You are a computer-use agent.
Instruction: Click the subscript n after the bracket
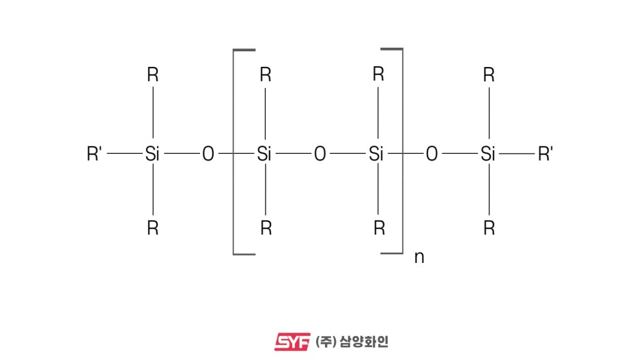pyautogui.click(x=419, y=258)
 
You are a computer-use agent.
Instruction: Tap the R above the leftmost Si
pyautogui.click(x=152, y=75)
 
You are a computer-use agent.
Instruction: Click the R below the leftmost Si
pyautogui.click(x=152, y=228)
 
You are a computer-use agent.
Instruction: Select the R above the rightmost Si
pyautogui.click(x=488, y=75)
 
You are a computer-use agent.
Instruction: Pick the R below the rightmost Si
pyautogui.click(x=488, y=228)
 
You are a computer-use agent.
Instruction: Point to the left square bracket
pyautogui.click(x=235, y=152)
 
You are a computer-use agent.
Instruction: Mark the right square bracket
pyautogui.click(x=401, y=152)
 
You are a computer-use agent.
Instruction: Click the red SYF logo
pyautogui.click(x=292, y=341)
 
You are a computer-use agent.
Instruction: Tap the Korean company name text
pyautogui.click(x=352, y=341)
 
